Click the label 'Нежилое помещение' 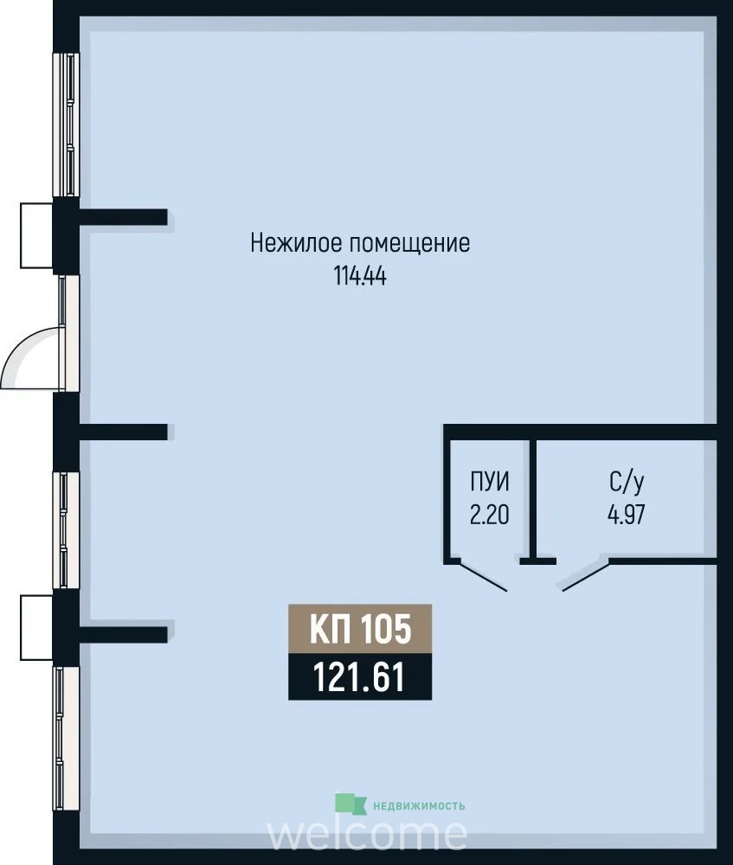[360, 243]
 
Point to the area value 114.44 [360, 276]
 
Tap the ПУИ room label [490, 482]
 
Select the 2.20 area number [490, 515]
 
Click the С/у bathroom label [627, 483]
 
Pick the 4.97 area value [627, 515]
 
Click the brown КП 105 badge [360, 628]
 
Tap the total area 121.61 [360, 676]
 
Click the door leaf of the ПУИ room [483, 577]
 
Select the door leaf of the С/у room [586, 577]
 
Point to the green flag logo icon [350, 804]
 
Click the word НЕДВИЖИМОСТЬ [419, 806]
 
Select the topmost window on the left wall [67, 124]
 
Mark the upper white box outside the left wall [37, 235]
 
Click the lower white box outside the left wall [37, 627]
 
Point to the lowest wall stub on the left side [123, 634]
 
